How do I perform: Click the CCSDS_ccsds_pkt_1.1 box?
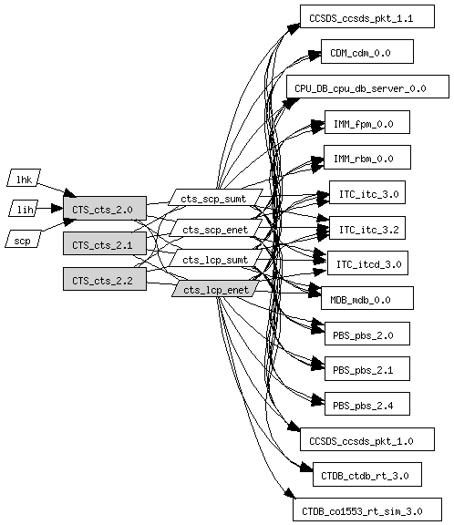(x=367, y=16)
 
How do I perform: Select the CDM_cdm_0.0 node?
(x=367, y=52)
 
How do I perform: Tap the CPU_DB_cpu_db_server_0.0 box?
(x=367, y=87)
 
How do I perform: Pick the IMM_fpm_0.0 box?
(x=367, y=122)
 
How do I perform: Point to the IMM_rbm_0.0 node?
(x=367, y=158)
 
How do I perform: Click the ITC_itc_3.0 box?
(x=367, y=192)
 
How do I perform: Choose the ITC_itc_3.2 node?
(x=367, y=228)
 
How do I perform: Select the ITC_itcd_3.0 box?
(x=367, y=262)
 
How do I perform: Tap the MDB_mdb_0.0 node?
(x=367, y=298)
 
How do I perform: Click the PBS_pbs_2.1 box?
(x=367, y=368)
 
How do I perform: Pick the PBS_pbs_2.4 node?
(x=367, y=404)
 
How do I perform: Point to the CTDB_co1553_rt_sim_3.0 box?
(x=367, y=510)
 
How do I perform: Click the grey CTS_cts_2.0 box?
(x=105, y=208)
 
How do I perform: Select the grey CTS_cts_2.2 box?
(x=105, y=279)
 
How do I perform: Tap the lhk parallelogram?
(x=24, y=178)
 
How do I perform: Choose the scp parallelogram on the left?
(x=23, y=239)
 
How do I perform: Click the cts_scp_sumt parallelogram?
(x=215, y=197)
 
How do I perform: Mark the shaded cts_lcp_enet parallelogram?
(x=216, y=289)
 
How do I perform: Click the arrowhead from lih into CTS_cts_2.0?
(x=57, y=208)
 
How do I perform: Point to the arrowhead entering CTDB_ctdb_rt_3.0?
(x=306, y=468)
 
